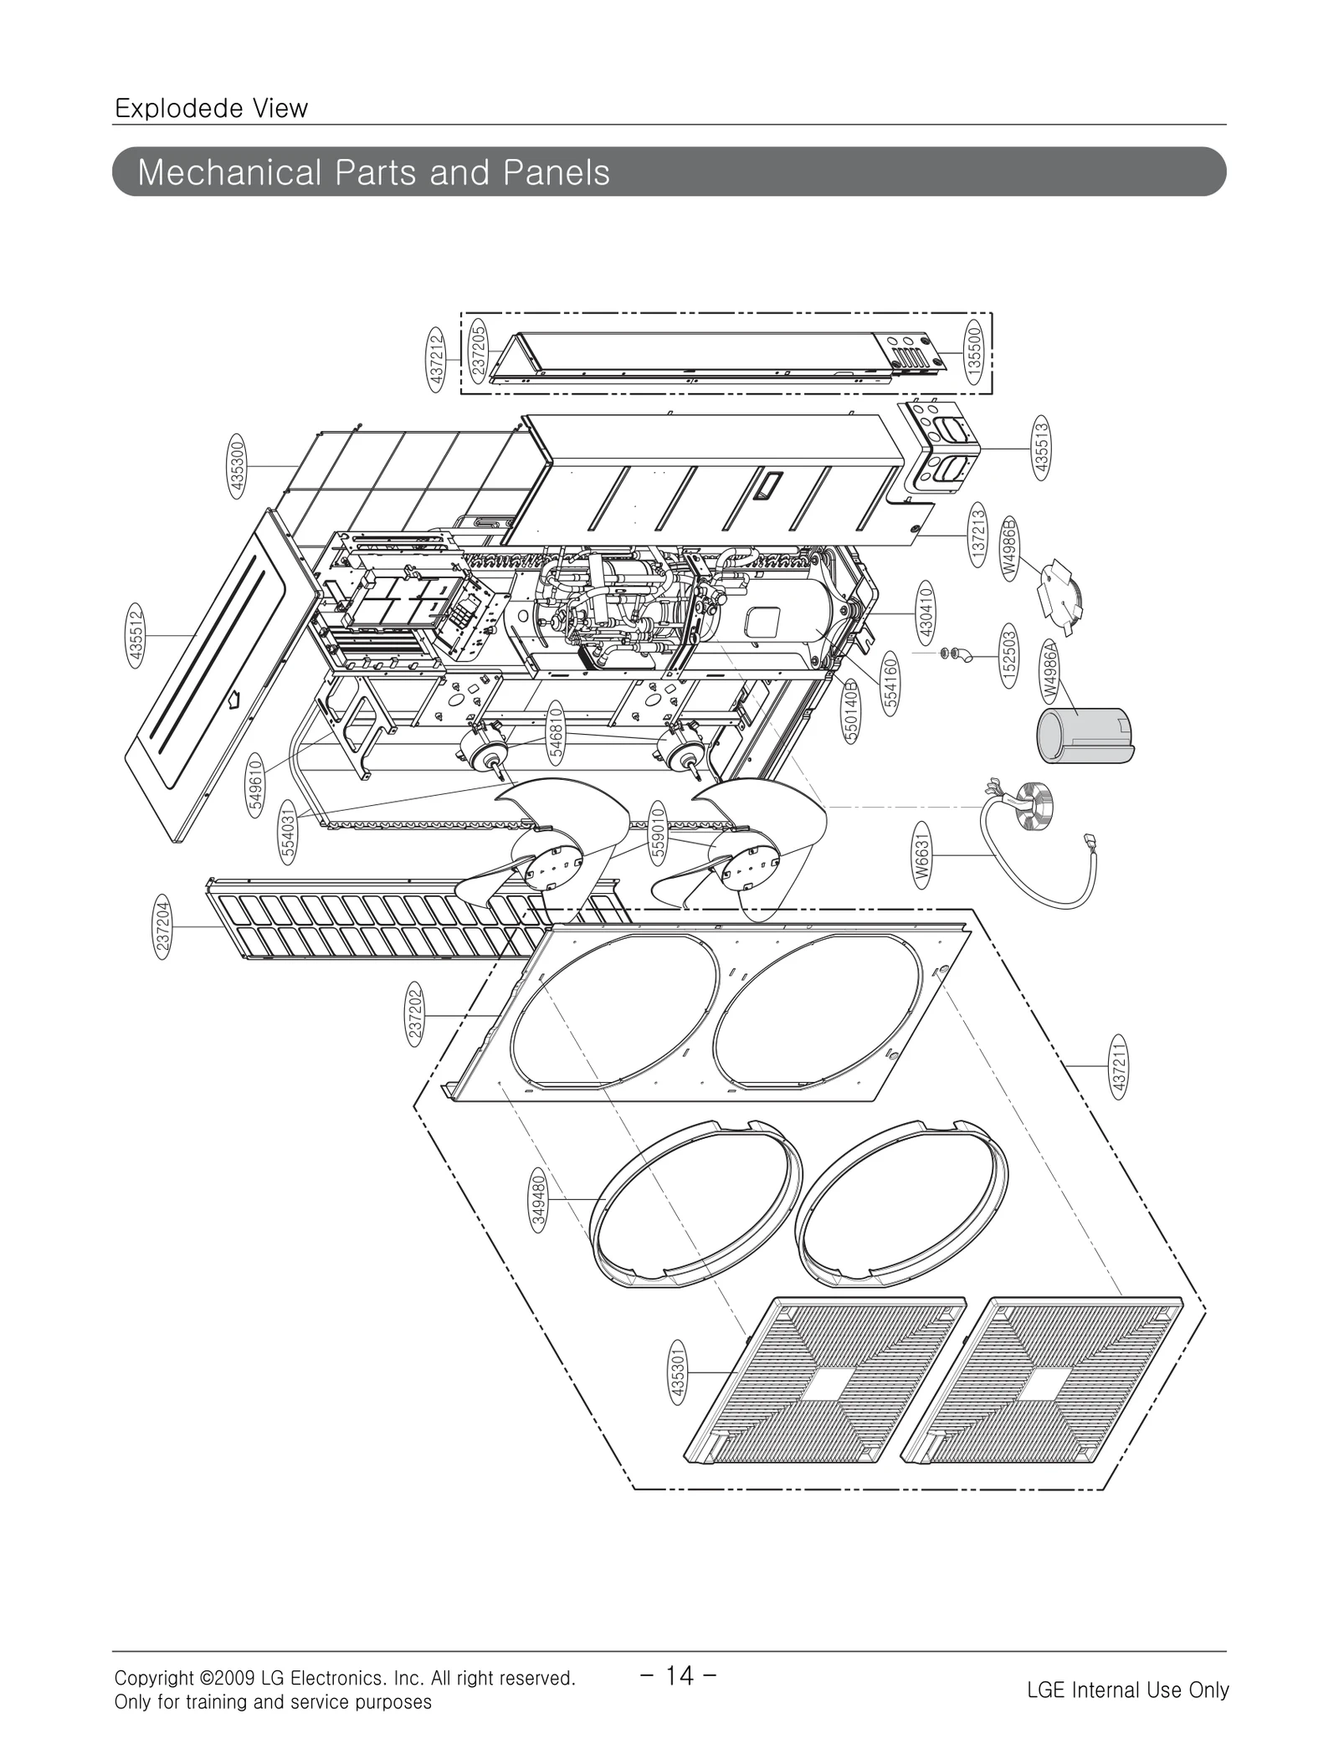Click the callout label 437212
(x=437, y=358)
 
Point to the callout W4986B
(x=1010, y=548)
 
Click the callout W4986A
(x=1050, y=674)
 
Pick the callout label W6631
(x=921, y=854)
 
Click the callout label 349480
(x=538, y=1199)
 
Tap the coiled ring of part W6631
(x=1030, y=802)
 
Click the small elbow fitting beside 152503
(x=965, y=656)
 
